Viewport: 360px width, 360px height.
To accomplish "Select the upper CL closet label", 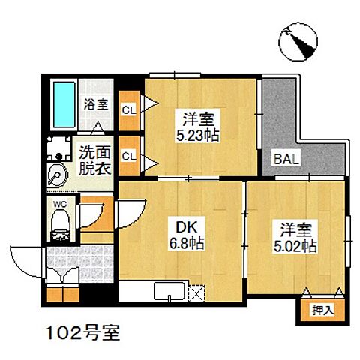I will pyautogui.click(x=128, y=109).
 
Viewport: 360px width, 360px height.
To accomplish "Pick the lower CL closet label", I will pyautogui.click(x=128, y=156).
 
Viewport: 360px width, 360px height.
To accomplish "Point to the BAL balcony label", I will pyautogui.click(x=284, y=159).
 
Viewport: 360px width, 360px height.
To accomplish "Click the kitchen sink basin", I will pyautogui.click(x=166, y=292).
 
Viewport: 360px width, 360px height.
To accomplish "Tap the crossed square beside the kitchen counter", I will pyautogui.click(x=196, y=291).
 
